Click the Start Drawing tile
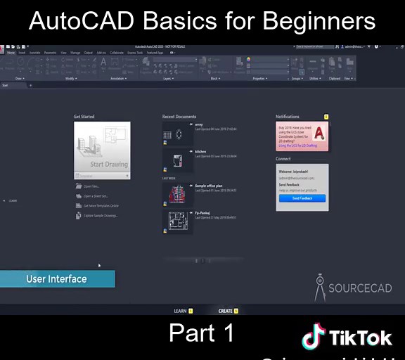[x=102, y=148]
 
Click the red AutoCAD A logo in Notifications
[x=319, y=133]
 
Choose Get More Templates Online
[x=101, y=206]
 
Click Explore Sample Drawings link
[x=100, y=216]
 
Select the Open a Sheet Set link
[x=95, y=196]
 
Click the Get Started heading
[x=84, y=117]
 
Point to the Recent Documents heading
[x=179, y=117]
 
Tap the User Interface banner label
[x=56, y=279]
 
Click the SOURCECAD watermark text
[x=360, y=288]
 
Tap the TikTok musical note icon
[x=313, y=337]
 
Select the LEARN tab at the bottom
[x=180, y=311]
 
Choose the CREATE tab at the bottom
[x=225, y=311]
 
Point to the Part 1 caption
[x=202, y=333]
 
